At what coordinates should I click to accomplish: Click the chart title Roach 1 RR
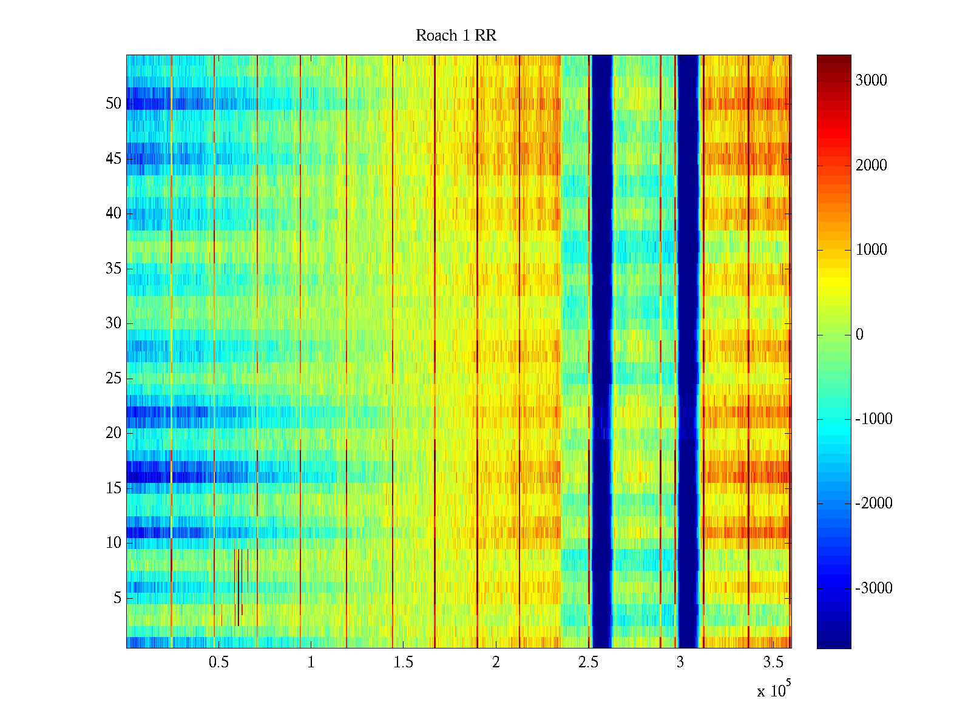pyautogui.click(x=456, y=36)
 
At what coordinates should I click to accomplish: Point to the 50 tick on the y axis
pyautogui.click(x=113, y=104)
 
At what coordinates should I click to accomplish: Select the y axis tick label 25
pyautogui.click(x=113, y=379)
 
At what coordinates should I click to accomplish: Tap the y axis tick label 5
pyautogui.click(x=117, y=598)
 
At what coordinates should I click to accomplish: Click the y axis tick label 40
pyautogui.click(x=113, y=214)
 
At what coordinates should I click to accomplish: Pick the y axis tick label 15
pyautogui.click(x=113, y=488)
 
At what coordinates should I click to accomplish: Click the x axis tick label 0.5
pyautogui.click(x=218, y=662)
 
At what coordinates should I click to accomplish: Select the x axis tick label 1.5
pyautogui.click(x=404, y=662)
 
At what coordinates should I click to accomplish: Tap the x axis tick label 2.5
pyautogui.click(x=588, y=662)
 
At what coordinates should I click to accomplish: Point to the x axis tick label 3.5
pyautogui.click(x=773, y=662)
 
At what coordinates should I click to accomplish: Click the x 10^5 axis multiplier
pyautogui.click(x=774, y=690)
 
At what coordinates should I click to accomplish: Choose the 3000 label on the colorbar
pyautogui.click(x=871, y=81)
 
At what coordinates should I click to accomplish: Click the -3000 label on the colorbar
pyautogui.click(x=873, y=588)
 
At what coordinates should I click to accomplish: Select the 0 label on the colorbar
pyautogui.click(x=859, y=335)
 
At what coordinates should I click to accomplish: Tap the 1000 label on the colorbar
pyautogui.click(x=871, y=250)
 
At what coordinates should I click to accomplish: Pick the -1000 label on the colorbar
pyautogui.click(x=873, y=419)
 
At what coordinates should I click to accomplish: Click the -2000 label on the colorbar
pyautogui.click(x=873, y=504)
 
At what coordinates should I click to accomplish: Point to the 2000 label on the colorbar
pyautogui.click(x=871, y=166)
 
